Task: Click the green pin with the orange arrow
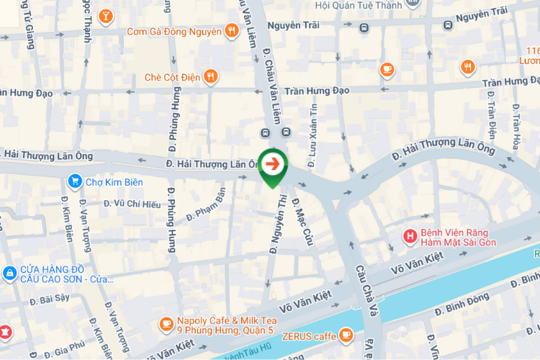273,165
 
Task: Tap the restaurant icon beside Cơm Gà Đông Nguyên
231,31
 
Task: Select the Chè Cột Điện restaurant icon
210,76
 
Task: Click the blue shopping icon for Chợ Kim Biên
73,181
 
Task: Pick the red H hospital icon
410,236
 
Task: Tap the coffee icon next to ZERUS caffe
346,335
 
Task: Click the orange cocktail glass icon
105,15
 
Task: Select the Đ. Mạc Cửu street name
303,221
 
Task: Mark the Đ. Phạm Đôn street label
206,204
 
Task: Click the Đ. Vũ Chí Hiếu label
132,204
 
